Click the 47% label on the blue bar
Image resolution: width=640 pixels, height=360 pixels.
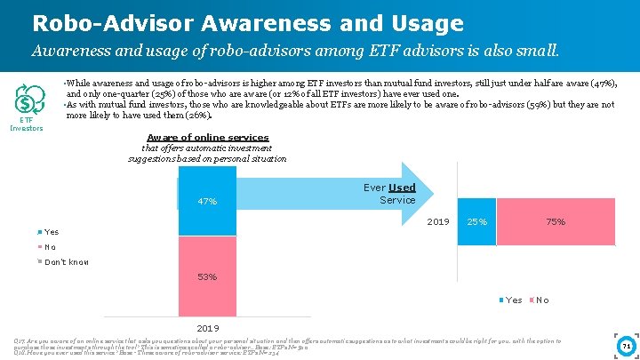(207, 202)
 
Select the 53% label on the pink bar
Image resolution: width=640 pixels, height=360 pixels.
(207, 277)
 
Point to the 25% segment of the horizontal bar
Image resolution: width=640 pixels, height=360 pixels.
(476, 221)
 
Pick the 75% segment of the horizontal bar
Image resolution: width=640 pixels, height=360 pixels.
(556, 221)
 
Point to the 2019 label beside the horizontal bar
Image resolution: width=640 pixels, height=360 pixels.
(438, 221)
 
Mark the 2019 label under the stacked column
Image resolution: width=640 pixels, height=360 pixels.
(206, 327)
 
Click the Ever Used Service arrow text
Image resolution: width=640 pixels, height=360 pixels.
(389, 194)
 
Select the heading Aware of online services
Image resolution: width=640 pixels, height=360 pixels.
(208, 137)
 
